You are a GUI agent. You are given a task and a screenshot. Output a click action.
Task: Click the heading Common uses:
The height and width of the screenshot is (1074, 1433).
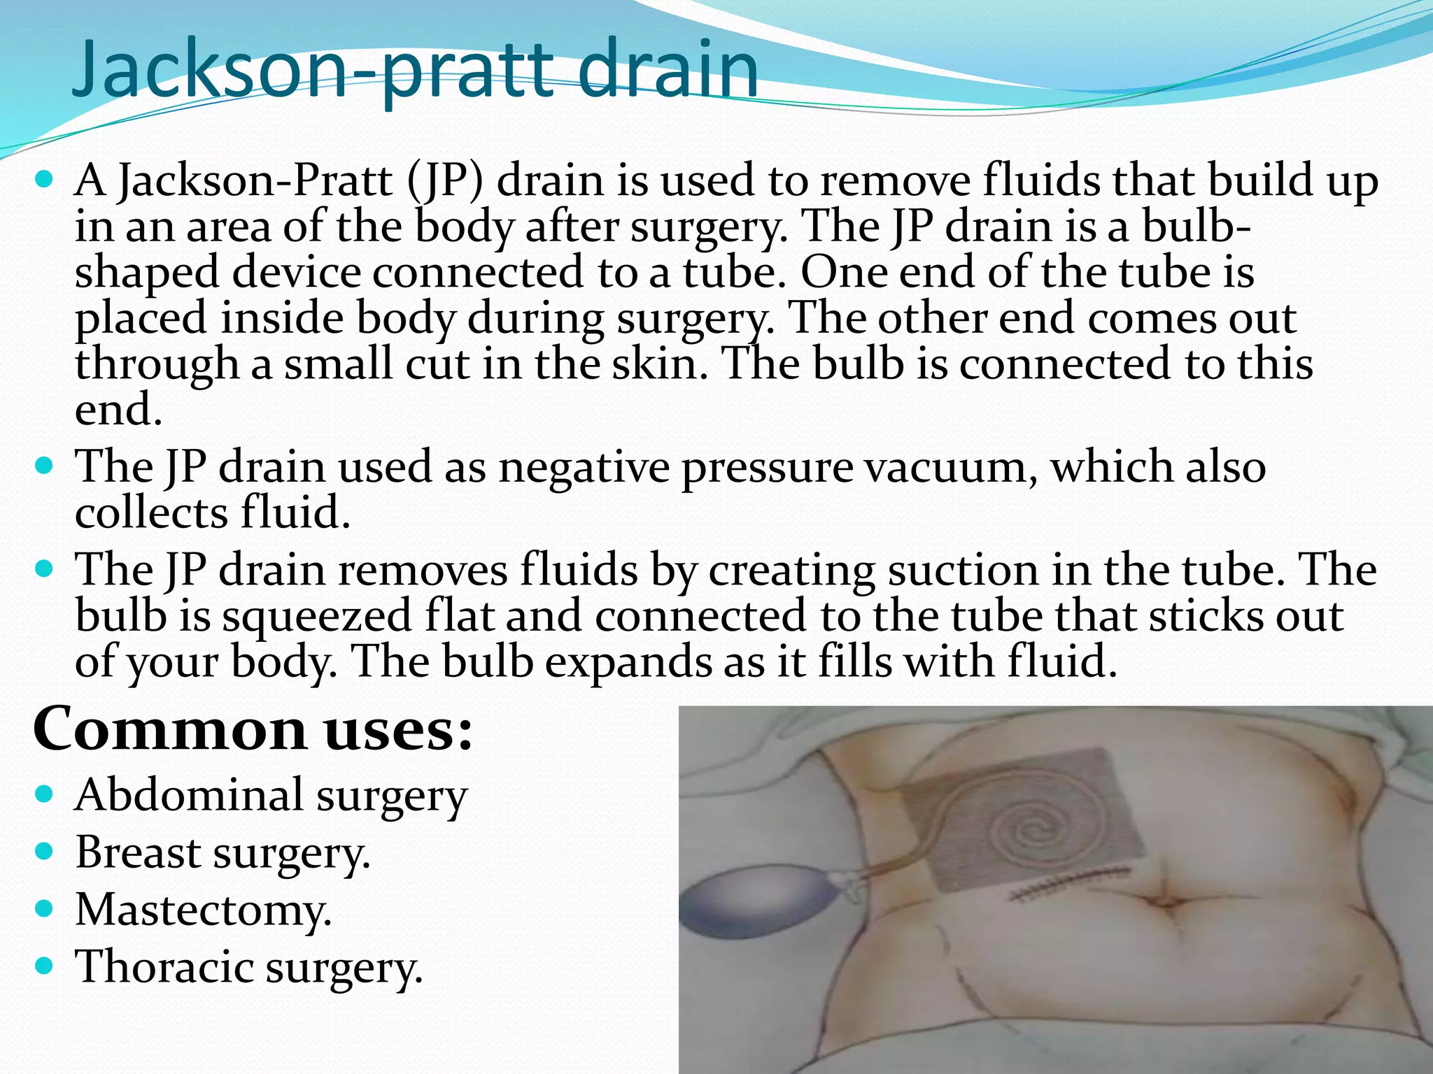253,729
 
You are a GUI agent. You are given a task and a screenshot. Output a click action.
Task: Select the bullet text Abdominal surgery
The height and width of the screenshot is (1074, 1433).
271,796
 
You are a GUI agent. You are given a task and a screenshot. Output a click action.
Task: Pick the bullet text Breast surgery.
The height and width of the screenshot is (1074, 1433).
223,853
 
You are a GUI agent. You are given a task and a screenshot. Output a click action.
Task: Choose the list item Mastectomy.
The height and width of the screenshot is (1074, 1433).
203,910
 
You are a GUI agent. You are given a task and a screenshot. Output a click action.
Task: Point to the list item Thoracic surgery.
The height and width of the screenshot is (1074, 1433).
248,967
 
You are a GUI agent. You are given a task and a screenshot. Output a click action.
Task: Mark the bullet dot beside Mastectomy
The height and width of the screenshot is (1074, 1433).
44,909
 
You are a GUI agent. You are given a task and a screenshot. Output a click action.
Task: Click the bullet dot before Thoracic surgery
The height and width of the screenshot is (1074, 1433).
44,966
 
